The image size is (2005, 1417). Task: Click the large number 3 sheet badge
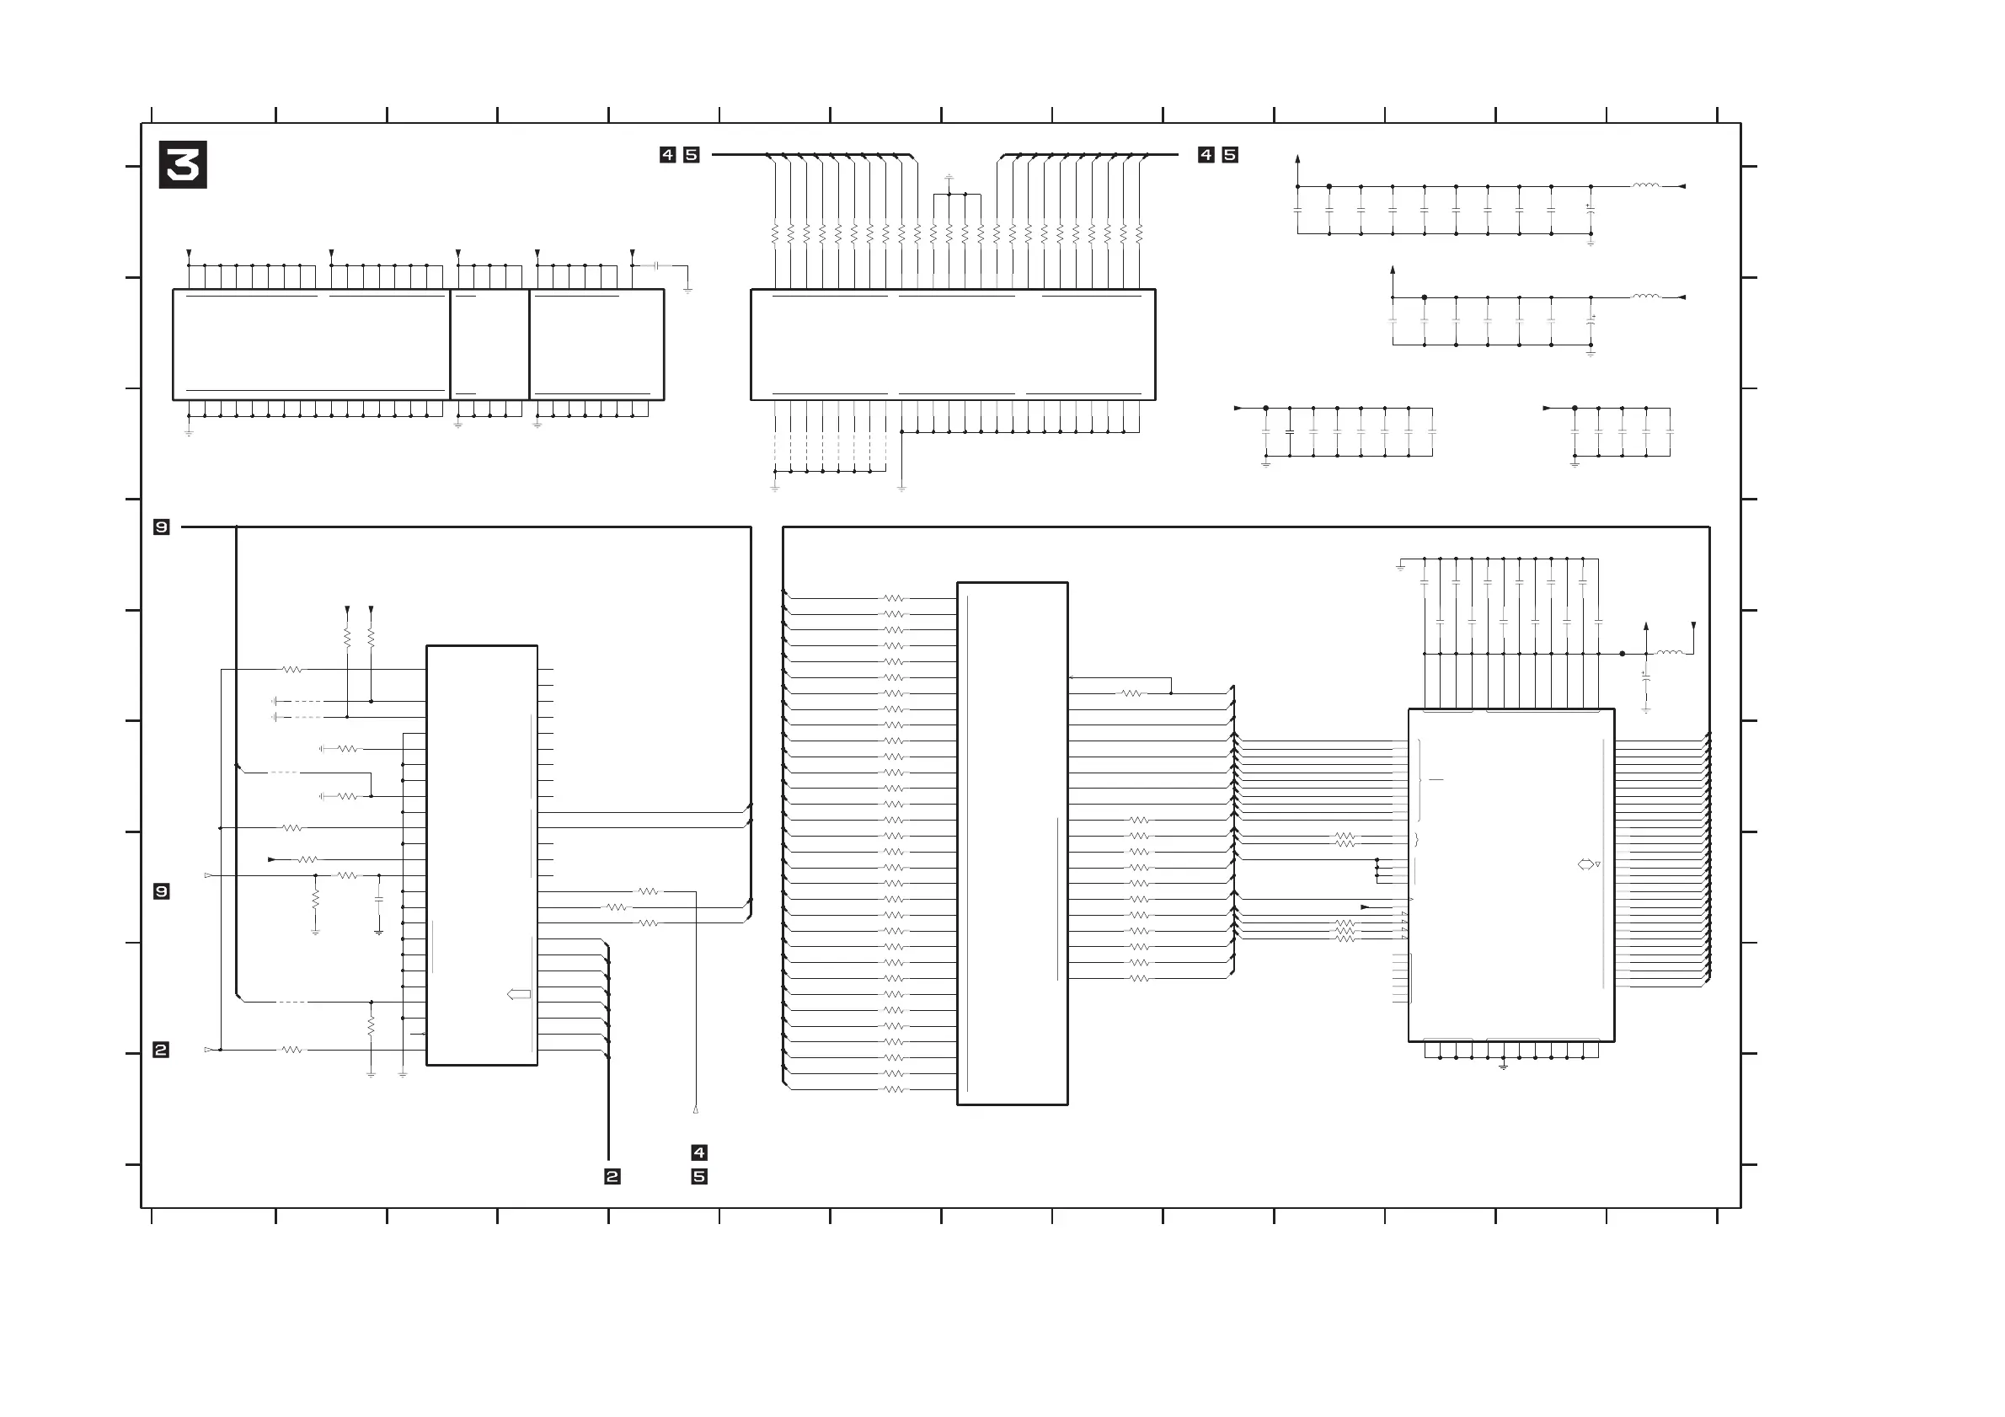pos(183,164)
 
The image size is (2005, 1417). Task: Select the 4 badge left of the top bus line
pos(668,154)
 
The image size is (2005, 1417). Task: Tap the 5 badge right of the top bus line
pos(1230,154)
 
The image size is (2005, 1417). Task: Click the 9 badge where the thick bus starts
pos(162,527)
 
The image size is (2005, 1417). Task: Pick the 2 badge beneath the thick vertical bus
pos(612,1176)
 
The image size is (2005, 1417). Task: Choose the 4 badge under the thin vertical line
pos(698,1152)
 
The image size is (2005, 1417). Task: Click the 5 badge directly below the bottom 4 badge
pos(698,1176)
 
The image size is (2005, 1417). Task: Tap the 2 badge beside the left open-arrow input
pos(161,1050)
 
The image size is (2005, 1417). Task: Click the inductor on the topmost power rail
pos(1646,185)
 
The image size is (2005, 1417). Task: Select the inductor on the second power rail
pos(1646,297)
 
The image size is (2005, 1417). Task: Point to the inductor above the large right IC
pos(1670,652)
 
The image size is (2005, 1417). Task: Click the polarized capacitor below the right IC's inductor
pos(1646,676)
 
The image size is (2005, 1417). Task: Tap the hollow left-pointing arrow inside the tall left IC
pos(519,993)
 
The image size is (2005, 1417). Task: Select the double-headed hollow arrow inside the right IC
pos(1585,864)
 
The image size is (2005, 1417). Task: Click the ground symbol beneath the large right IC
pos(1504,1066)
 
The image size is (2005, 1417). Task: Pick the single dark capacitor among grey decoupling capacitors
pos(1290,432)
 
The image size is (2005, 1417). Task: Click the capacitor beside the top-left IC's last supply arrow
pos(655,265)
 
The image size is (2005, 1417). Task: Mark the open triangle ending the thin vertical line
pos(696,1110)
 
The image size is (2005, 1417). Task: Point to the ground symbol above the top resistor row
pos(949,177)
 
